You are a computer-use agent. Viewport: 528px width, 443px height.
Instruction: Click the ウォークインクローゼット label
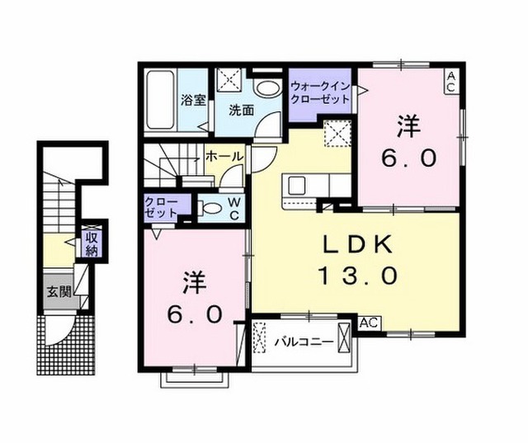click(x=321, y=92)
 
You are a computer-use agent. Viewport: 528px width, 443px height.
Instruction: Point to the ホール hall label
click(x=223, y=156)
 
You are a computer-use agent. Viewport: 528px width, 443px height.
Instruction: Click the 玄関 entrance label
click(x=58, y=290)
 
